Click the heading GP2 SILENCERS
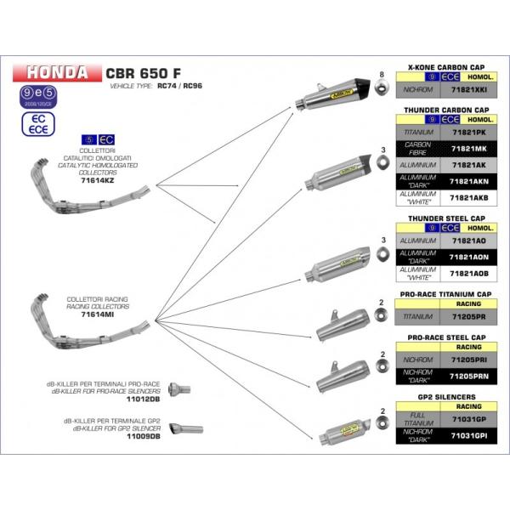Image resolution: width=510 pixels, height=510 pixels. coord(440,397)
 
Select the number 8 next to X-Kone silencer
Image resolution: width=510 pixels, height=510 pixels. coord(383,76)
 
